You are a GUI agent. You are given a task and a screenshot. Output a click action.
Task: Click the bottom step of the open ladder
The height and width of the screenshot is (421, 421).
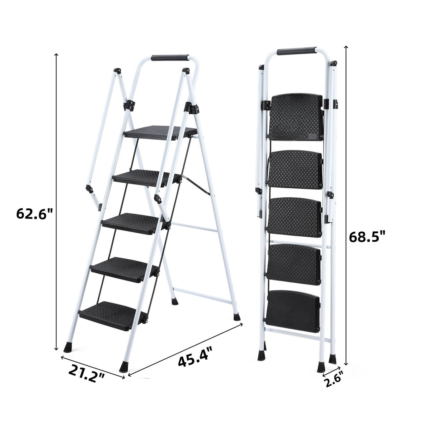(x=113, y=315)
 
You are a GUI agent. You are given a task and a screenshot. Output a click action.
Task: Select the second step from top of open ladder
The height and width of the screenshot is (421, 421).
(x=147, y=177)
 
